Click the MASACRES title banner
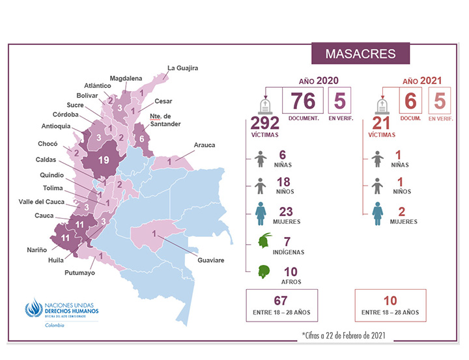(360, 52)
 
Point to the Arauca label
(205, 145)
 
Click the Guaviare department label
(210, 260)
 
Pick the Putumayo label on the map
(80, 273)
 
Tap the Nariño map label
(36, 249)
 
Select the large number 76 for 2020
(303, 101)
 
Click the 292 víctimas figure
(265, 123)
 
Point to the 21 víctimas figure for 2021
(383, 123)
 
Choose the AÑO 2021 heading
(422, 81)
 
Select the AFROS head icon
(264, 272)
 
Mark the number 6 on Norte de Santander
(142, 139)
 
